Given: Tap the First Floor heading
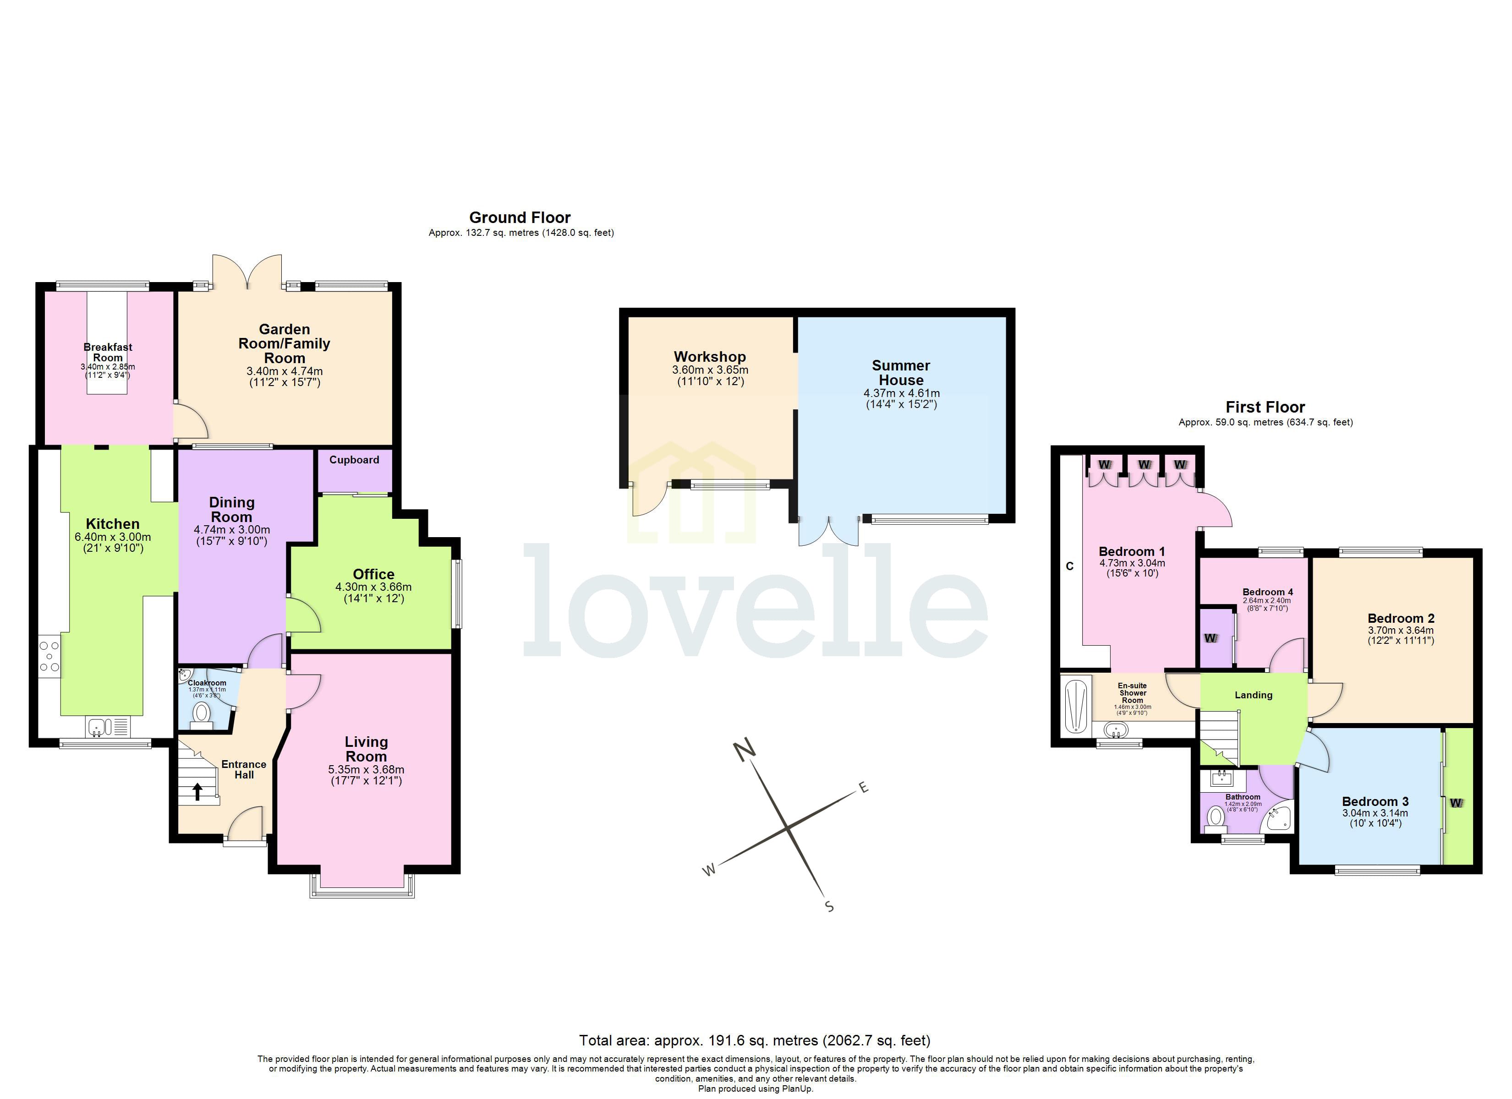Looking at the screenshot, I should tap(1265, 407).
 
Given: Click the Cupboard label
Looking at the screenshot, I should tap(354, 460).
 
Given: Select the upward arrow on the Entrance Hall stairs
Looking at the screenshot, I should tap(197, 791).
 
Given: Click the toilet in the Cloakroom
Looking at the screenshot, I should tap(201, 714).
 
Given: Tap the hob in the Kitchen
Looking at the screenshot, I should tap(49, 656).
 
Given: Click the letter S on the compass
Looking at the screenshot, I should tap(829, 906).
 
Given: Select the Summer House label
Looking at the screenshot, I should tap(901, 373).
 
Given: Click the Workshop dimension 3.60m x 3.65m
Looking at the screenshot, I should tap(710, 370).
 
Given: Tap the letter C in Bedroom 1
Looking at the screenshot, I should tap(1069, 566).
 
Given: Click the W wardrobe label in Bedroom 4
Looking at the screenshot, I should tap(1210, 638).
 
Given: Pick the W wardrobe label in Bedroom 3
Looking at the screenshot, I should tap(1456, 802).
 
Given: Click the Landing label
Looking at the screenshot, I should tap(1253, 695).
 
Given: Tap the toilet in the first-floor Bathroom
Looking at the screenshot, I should tap(1216, 817).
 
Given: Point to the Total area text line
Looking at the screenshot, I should tap(755, 1040).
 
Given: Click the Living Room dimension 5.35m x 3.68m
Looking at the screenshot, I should tap(366, 770).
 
